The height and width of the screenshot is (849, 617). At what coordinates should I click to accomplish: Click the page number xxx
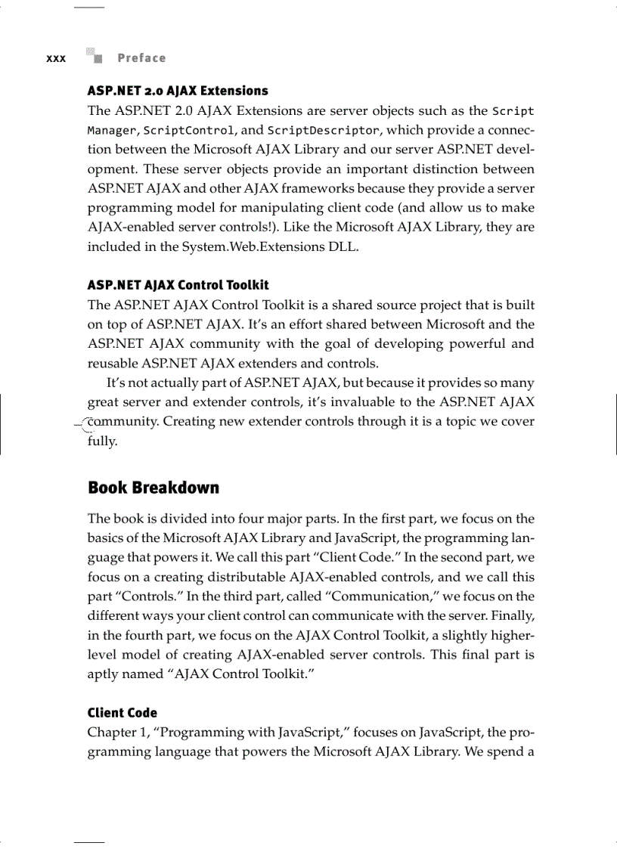pyautogui.click(x=56, y=58)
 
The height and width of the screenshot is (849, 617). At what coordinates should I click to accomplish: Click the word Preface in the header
pyautogui.click(x=141, y=58)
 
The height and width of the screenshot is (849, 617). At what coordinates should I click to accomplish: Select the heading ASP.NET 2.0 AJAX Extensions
pyautogui.click(x=178, y=91)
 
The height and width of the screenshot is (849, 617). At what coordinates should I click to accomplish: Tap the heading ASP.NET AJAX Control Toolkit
pyautogui.click(x=178, y=285)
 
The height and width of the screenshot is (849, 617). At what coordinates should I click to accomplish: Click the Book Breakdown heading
pyautogui.click(x=153, y=488)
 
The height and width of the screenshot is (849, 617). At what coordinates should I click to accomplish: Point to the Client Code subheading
pyautogui.click(x=122, y=712)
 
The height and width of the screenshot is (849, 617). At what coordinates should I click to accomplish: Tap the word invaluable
pyautogui.click(x=372, y=401)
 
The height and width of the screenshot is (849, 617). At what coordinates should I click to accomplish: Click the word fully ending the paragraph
pyautogui.click(x=102, y=441)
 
